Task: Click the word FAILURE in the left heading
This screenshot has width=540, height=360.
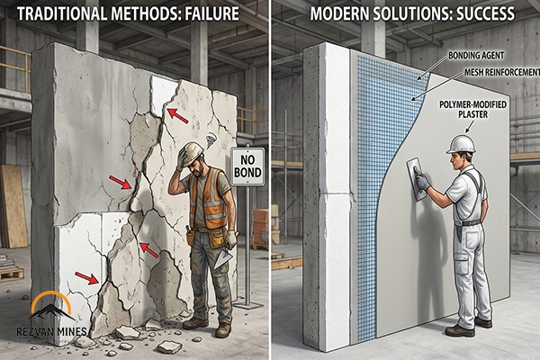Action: pos(215,15)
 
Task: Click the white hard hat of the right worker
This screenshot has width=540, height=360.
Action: pos(461,143)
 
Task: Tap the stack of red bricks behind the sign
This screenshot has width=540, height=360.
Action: pos(262,225)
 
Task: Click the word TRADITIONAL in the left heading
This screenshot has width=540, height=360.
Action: pos(62,15)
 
